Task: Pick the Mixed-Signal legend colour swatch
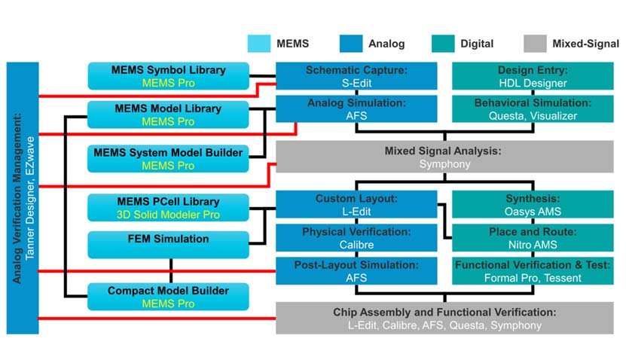point(532,44)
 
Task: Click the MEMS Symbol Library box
point(169,76)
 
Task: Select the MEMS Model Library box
point(169,114)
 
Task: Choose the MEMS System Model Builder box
point(169,158)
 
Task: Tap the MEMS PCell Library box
point(169,207)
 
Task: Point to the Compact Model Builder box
point(169,297)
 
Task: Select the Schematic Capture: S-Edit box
point(356,76)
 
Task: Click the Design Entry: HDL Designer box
point(532,76)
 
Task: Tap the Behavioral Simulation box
point(532,108)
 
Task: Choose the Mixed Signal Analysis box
point(444,157)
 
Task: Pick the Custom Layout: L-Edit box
point(356,205)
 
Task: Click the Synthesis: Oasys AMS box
point(532,205)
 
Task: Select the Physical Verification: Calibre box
point(356,238)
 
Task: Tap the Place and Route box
point(532,238)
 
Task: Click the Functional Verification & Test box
point(532,271)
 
